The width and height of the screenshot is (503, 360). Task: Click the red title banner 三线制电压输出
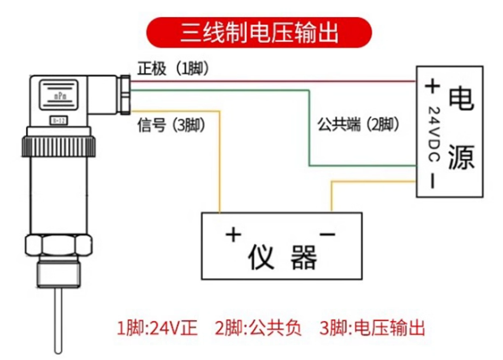click(x=259, y=32)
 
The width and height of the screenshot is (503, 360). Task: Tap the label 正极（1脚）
click(x=174, y=68)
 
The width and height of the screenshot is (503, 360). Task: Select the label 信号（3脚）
click(x=171, y=125)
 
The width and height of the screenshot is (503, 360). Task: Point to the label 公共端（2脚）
click(x=359, y=124)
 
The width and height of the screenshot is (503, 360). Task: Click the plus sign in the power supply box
click(x=432, y=86)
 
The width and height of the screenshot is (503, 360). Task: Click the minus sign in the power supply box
click(x=432, y=181)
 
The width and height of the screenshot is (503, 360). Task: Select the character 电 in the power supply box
click(x=461, y=99)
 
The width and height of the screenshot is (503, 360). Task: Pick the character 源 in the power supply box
click(x=462, y=156)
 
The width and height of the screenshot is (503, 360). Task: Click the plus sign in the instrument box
click(x=233, y=234)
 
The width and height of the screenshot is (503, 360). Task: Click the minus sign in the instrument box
click(x=327, y=234)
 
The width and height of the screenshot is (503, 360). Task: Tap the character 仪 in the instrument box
click(x=261, y=257)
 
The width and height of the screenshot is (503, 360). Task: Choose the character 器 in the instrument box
click(x=303, y=257)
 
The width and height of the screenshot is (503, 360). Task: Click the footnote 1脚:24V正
click(x=157, y=328)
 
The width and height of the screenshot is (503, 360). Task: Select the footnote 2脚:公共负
click(x=258, y=328)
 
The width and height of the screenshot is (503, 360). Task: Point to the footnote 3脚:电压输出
click(x=372, y=328)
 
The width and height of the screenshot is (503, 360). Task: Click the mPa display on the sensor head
click(x=58, y=95)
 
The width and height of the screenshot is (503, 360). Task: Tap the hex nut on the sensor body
click(x=58, y=245)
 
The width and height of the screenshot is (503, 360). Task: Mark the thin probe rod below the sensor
click(x=58, y=320)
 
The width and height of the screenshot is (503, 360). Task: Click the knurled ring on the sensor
click(x=58, y=147)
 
